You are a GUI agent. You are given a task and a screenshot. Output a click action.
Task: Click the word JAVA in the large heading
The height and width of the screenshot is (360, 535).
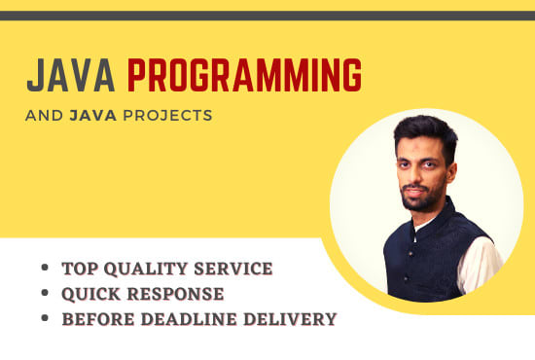click(71, 76)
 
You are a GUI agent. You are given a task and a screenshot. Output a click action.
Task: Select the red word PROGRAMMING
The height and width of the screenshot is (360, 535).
click(245, 76)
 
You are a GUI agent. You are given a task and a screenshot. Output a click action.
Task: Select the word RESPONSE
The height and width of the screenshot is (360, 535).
click(176, 294)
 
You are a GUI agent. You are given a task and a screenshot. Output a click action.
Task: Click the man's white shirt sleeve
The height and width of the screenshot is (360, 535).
click(481, 263)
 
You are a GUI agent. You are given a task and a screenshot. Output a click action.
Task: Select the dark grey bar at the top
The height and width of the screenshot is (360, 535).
click(267, 16)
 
